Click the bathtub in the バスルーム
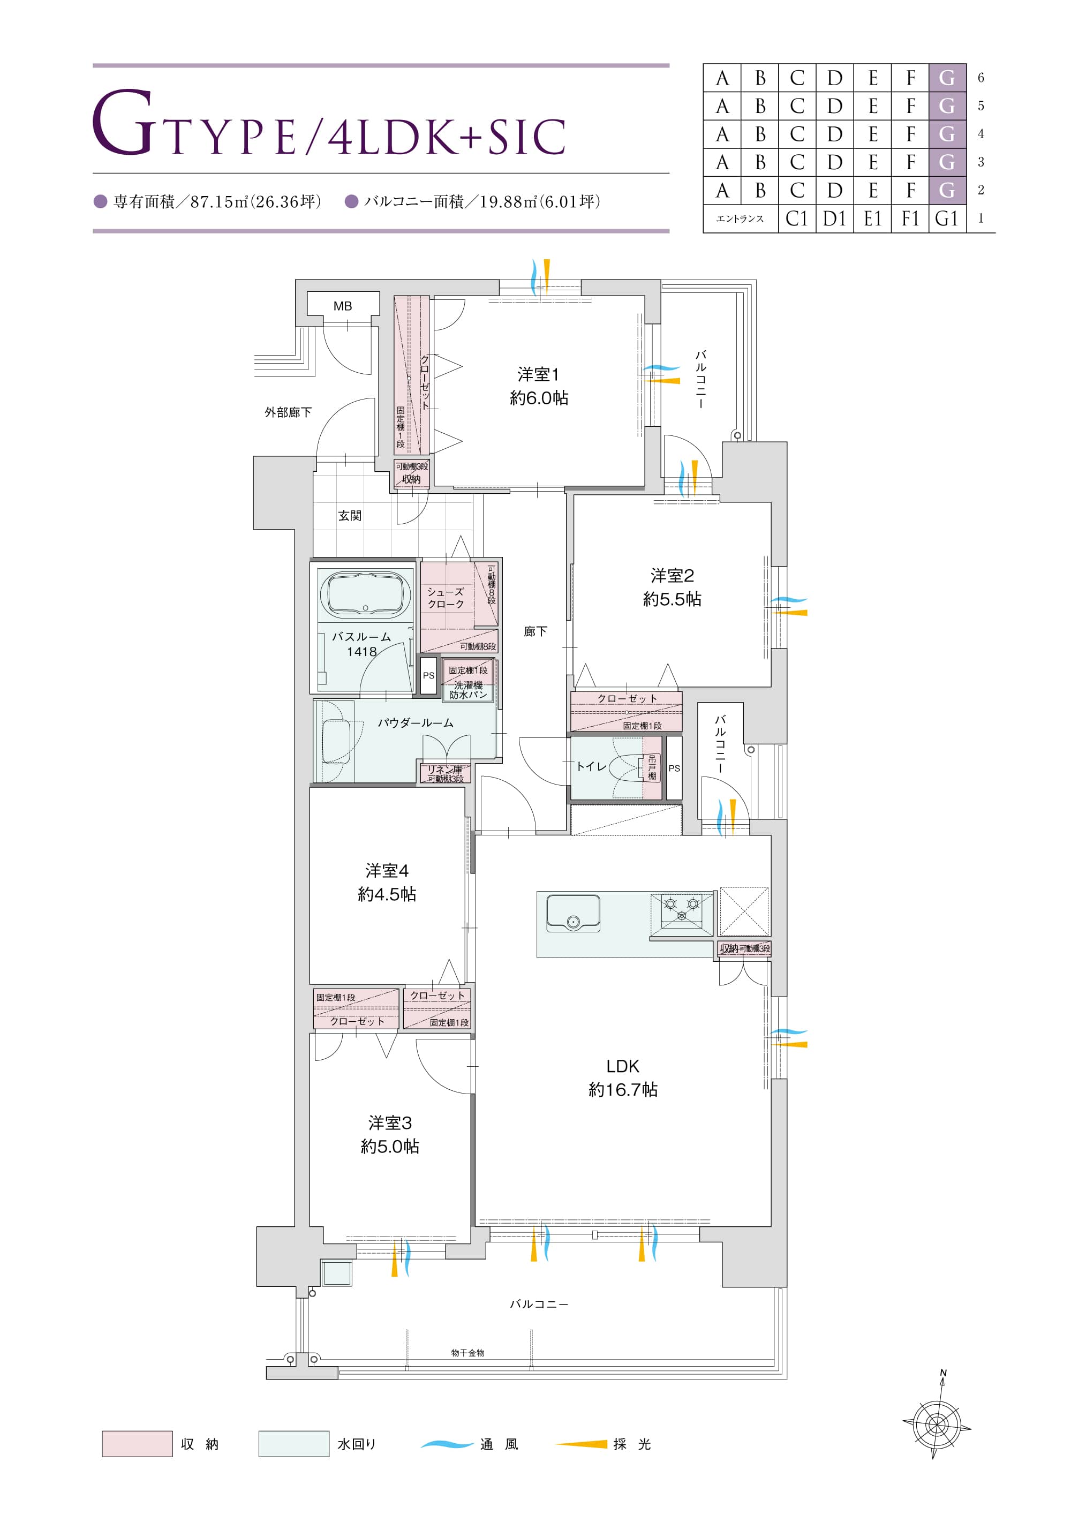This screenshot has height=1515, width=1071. (x=365, y=594)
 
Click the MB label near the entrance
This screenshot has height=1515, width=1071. (x=343, y=306)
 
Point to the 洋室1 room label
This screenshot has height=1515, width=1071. (x=539, y=375)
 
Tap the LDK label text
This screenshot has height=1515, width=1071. (x=622, y=1066)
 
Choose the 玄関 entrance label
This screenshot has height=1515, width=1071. (x=350, y=515)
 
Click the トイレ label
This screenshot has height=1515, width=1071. (x=591, y=766)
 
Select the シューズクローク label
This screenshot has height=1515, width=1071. (x=446, y=598)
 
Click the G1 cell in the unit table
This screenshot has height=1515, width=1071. (x=947, y=218)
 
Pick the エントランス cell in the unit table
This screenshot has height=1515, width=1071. (x=741, y=218)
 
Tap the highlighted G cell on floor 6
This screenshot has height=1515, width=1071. (x=947, y=78)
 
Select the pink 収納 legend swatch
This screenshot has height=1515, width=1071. (x=137, y=1444)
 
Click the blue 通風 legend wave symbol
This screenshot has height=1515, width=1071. (x=447, y=1444)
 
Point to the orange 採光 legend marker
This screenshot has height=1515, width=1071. (x=580, y=1444)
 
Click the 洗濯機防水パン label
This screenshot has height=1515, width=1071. (x=468, y=690)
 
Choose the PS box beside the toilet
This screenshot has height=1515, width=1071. (x=674, y=768)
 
